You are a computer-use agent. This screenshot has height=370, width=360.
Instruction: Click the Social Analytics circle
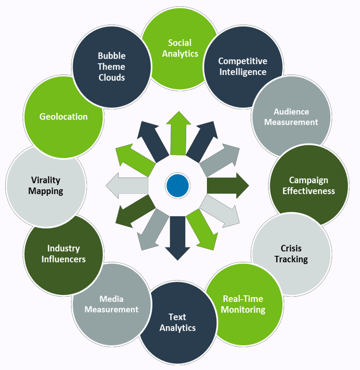point(180,48)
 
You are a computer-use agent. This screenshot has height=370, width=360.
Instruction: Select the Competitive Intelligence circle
point(242,66)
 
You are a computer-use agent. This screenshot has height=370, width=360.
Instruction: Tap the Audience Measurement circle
point(291,116)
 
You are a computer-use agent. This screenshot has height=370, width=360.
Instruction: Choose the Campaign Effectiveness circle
point(309,185)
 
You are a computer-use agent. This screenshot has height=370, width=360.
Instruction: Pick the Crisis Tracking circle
point(291,254)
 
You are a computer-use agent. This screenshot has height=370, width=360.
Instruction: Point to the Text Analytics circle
point(178,322)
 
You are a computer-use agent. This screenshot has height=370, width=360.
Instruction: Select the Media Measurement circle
point(112,304)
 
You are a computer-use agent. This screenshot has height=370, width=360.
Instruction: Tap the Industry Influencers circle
point(64,254)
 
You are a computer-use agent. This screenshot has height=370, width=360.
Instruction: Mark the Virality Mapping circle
point(46,185)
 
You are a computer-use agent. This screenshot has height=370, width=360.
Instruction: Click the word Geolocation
point(63,116)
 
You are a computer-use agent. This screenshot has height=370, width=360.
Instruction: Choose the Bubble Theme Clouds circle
point(112,66)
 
